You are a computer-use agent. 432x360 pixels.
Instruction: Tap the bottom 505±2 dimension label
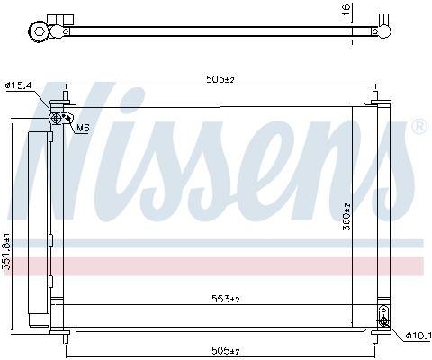pos(226,350)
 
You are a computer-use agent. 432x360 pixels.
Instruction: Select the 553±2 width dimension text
pos(226,299)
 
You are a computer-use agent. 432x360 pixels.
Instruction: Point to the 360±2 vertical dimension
pos(346,217)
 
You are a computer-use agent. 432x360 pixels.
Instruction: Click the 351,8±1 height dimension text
pos(7,251)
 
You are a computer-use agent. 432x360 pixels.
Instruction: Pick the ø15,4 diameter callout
pos(18,85)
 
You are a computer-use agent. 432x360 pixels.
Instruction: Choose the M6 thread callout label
pos(83,128)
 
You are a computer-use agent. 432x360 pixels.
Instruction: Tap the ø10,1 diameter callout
pos(418,336)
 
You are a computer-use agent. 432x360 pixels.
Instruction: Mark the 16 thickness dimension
pos(346,10)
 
